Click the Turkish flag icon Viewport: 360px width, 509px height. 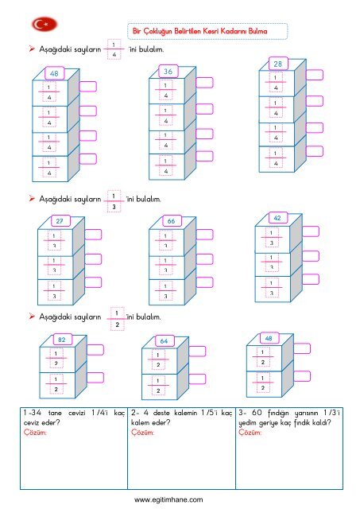45,25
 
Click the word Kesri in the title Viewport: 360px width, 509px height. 211,31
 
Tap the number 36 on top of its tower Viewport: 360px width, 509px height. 168,72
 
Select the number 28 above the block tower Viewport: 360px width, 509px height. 277,64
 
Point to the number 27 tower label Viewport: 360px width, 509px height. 60,221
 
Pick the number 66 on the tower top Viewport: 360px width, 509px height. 171,221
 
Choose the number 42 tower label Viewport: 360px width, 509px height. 277,218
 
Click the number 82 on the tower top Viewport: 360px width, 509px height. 62,340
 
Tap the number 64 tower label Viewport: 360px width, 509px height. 164,341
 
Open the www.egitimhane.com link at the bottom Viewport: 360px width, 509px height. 168,499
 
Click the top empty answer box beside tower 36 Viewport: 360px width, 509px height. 204,83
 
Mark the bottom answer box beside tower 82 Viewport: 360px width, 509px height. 95,378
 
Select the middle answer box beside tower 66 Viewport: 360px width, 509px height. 204,259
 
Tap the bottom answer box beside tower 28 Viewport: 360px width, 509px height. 314,151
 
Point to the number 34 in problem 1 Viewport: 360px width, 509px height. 37,413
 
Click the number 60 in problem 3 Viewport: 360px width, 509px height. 257,413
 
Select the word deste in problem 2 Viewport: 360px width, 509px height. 161,413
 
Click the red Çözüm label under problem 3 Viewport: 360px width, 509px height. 250,432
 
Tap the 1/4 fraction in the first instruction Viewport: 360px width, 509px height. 114,49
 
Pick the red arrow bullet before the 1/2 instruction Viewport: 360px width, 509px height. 32,316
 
